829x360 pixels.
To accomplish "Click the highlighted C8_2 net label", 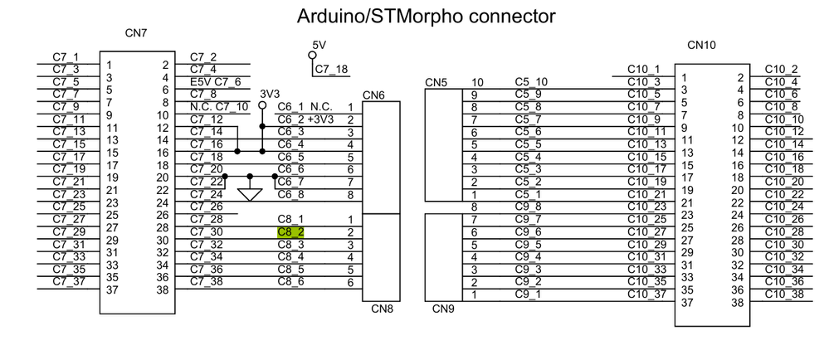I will pos(290,232).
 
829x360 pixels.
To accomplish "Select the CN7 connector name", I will pos(137,33).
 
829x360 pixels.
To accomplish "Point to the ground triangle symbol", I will pos(250,194).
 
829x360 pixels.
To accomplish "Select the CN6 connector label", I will pos(374,95).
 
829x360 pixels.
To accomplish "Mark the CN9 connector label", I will pos(443,309).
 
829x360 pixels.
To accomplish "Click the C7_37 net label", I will pos(66,281).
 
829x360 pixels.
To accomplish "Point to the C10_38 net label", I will pos(783,294).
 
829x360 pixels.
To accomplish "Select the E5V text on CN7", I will pos(202,81).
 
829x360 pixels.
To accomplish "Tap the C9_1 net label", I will pos(529,294).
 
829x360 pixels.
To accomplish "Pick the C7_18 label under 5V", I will pos(331,69).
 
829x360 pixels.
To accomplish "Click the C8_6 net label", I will pos(290,282).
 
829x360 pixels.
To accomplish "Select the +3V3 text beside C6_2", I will pos(320,119).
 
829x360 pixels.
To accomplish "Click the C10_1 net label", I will pos(644,69).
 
